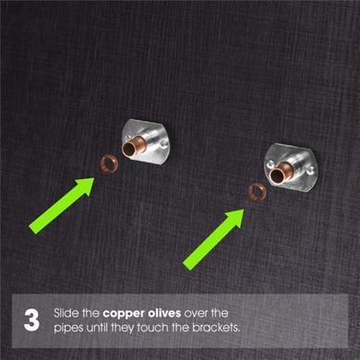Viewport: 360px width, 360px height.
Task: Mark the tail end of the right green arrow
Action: click(187, 264)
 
